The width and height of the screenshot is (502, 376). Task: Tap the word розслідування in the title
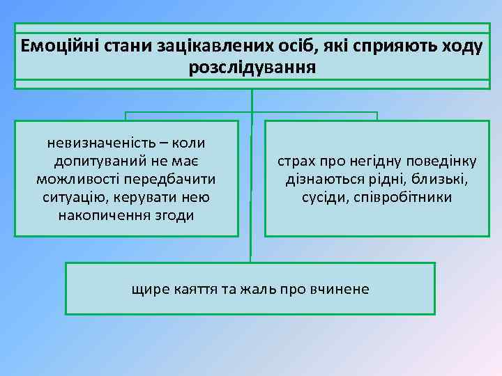pos(252,68)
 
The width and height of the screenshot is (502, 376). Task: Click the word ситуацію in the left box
pos(73,198)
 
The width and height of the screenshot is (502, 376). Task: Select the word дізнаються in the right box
pos(320,180)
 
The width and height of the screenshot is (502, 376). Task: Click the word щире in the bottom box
pos(147,289)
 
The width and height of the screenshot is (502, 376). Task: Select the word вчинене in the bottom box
pos(342,289)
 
